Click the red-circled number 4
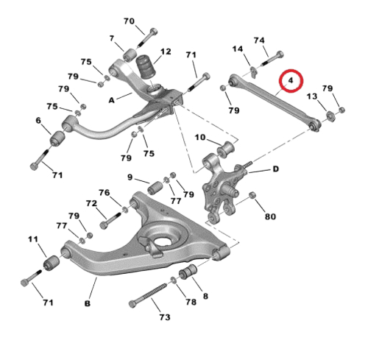click(x=291, y=80)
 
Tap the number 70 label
click(x=129, y=21)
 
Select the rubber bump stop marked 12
click(x=146, y=67)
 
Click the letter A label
click(x=112, y=100)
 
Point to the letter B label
click(x=88, y=303)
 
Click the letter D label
click(x=276, y=169)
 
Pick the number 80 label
click(x=270, y=216)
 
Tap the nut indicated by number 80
click(x=252, y=195)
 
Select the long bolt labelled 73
click(x=149, y=294)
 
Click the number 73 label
click(x=165, y=317)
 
